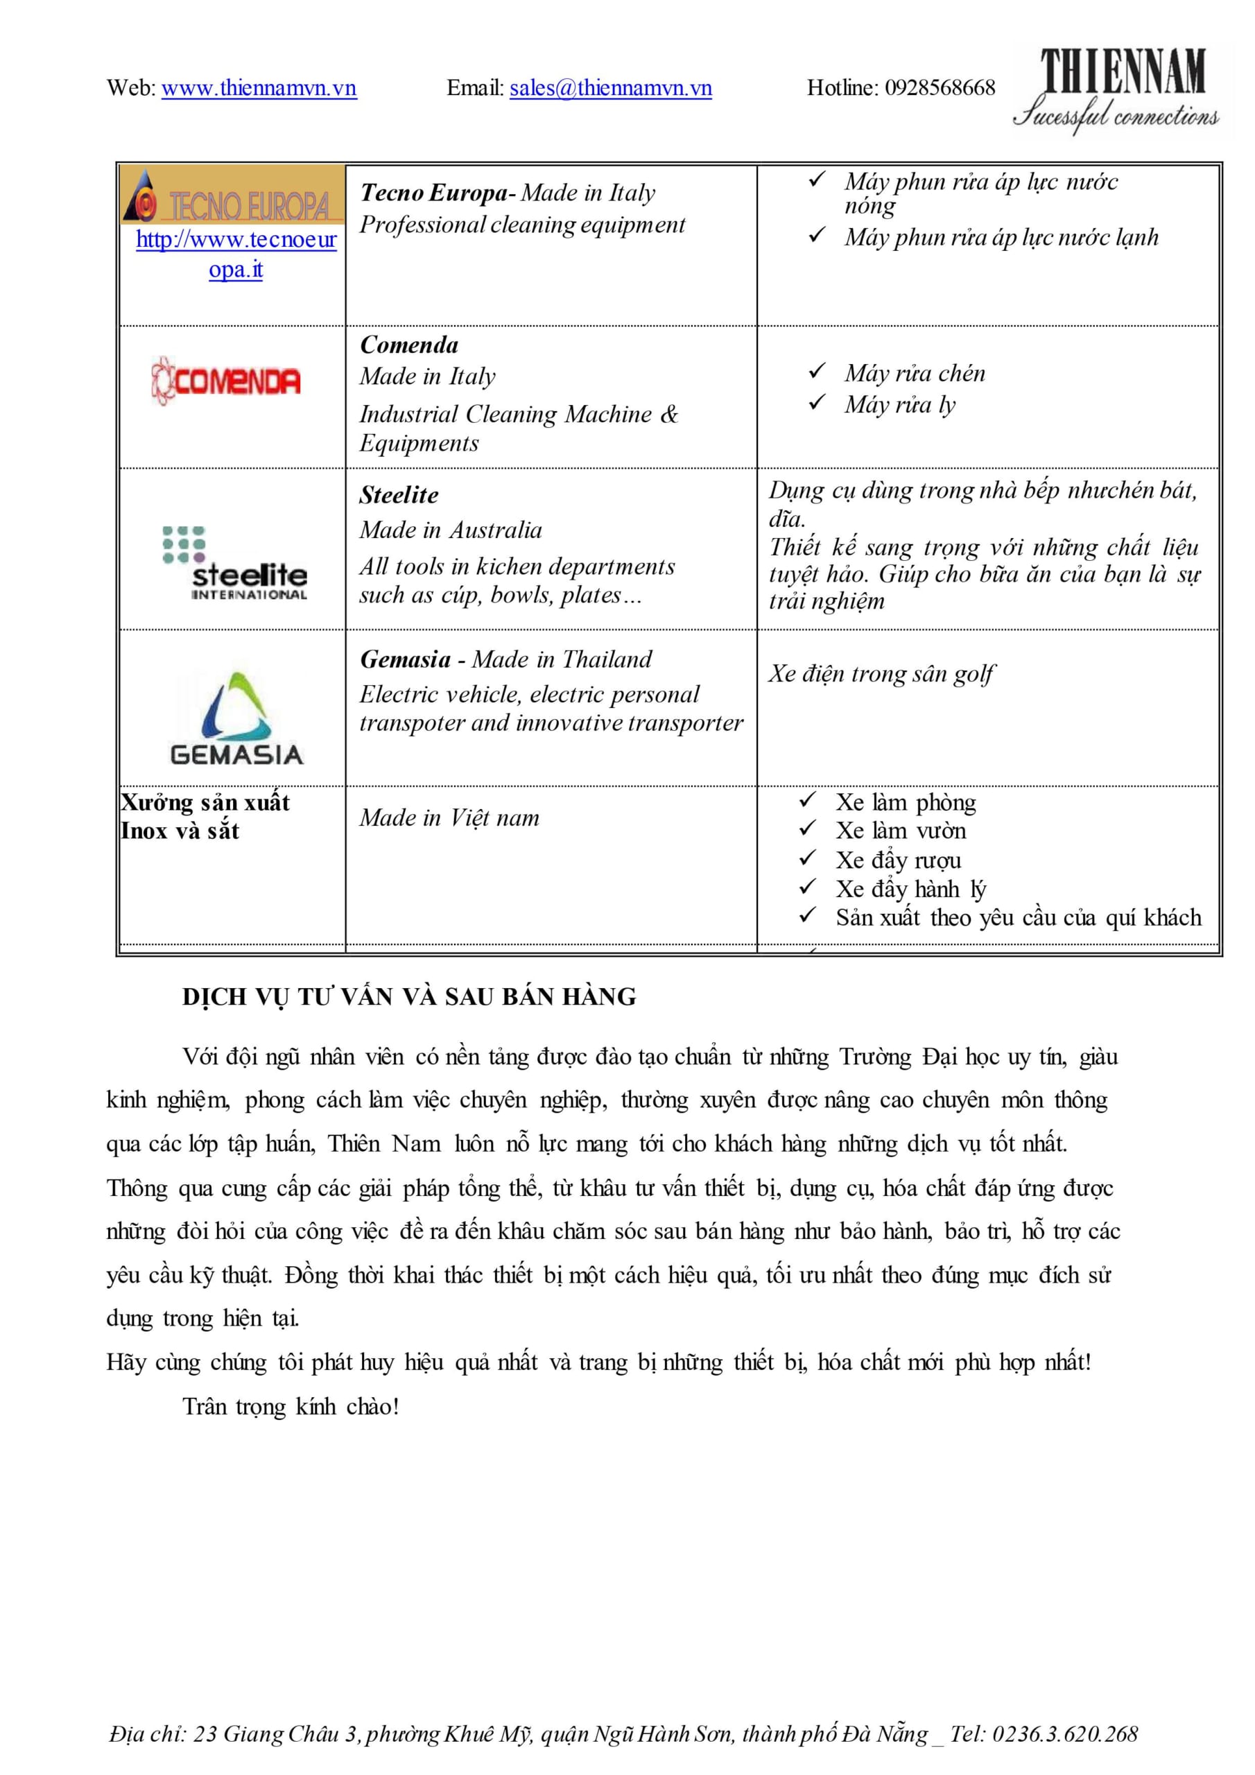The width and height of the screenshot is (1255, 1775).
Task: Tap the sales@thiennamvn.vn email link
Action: (610, 88)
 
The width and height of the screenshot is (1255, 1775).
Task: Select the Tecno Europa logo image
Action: (232, 196)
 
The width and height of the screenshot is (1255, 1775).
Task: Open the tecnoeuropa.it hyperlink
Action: (236, 254)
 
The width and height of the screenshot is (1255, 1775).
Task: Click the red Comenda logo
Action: (226, 381)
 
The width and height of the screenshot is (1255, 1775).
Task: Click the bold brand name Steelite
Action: (398, 496)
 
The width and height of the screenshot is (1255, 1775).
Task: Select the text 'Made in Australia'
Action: (451, 530)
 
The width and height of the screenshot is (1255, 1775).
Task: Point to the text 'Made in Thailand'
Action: (562, 659)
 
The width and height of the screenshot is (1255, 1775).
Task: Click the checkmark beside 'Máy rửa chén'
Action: (817, 372)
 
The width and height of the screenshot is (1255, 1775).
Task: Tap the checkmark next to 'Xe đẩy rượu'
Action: (807, 858)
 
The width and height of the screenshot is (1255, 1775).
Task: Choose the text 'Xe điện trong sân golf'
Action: (881, 674)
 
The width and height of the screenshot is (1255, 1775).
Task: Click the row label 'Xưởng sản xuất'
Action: (205, 802)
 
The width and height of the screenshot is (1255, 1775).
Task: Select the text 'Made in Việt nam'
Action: (449, 818)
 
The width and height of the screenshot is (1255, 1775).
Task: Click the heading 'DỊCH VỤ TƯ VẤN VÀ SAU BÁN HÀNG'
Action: (409, 997)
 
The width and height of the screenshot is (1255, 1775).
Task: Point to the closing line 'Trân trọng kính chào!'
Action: (291, 1406)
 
